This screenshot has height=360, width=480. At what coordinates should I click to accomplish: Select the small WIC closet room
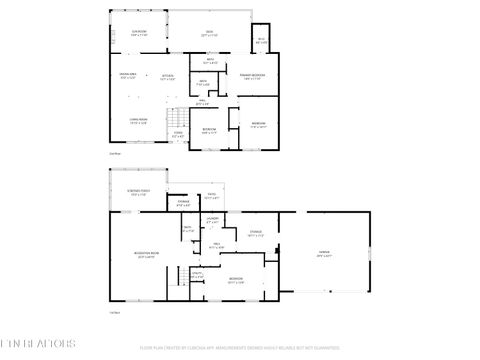coord(261,40)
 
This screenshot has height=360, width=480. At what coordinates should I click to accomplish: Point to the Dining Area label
coord(129,75)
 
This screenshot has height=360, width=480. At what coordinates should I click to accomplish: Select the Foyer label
coord(178,134)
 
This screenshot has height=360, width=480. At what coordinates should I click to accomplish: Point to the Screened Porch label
coord(139,193)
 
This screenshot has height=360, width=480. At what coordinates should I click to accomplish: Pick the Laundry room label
coord(213,219)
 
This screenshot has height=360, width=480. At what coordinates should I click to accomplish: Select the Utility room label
coord(197,274)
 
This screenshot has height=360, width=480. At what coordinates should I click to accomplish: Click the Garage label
coord(325,253)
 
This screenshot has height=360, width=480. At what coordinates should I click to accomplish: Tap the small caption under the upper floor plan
coord(114,153)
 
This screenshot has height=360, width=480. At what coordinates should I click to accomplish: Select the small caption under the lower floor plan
coord(114,313)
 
